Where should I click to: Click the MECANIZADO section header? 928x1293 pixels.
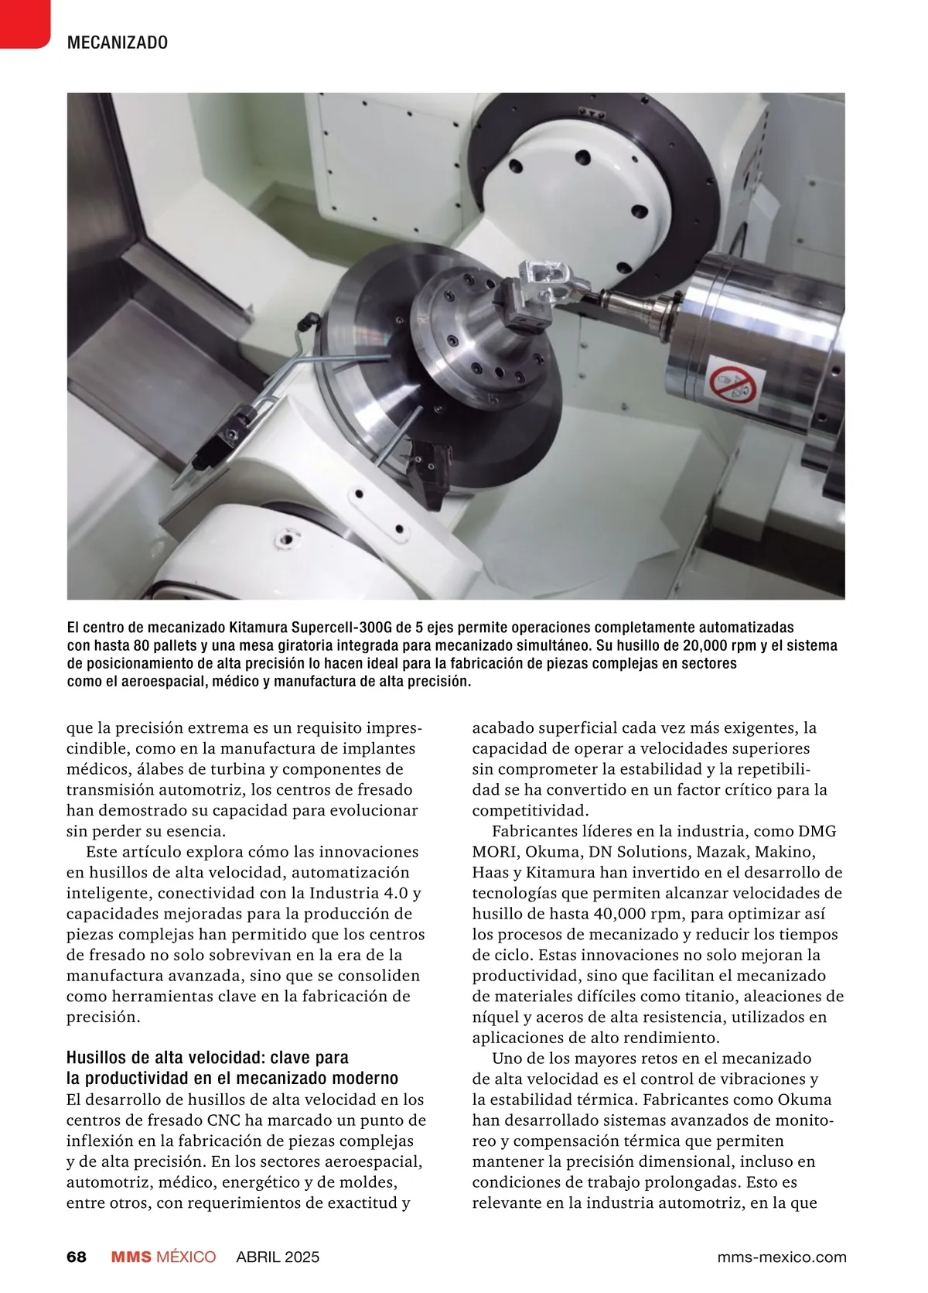point(118,43)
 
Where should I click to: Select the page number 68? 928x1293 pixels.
point(77,1257)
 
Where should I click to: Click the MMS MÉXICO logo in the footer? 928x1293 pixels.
point(163,1257)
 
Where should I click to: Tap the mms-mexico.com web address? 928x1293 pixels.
point(782,1257)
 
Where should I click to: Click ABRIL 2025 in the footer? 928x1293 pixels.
point(278,1257)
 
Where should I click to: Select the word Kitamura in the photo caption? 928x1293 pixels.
point(261,627)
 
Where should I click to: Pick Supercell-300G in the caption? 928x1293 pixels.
point(343,627)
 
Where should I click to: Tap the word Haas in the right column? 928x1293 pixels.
point(490,873)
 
